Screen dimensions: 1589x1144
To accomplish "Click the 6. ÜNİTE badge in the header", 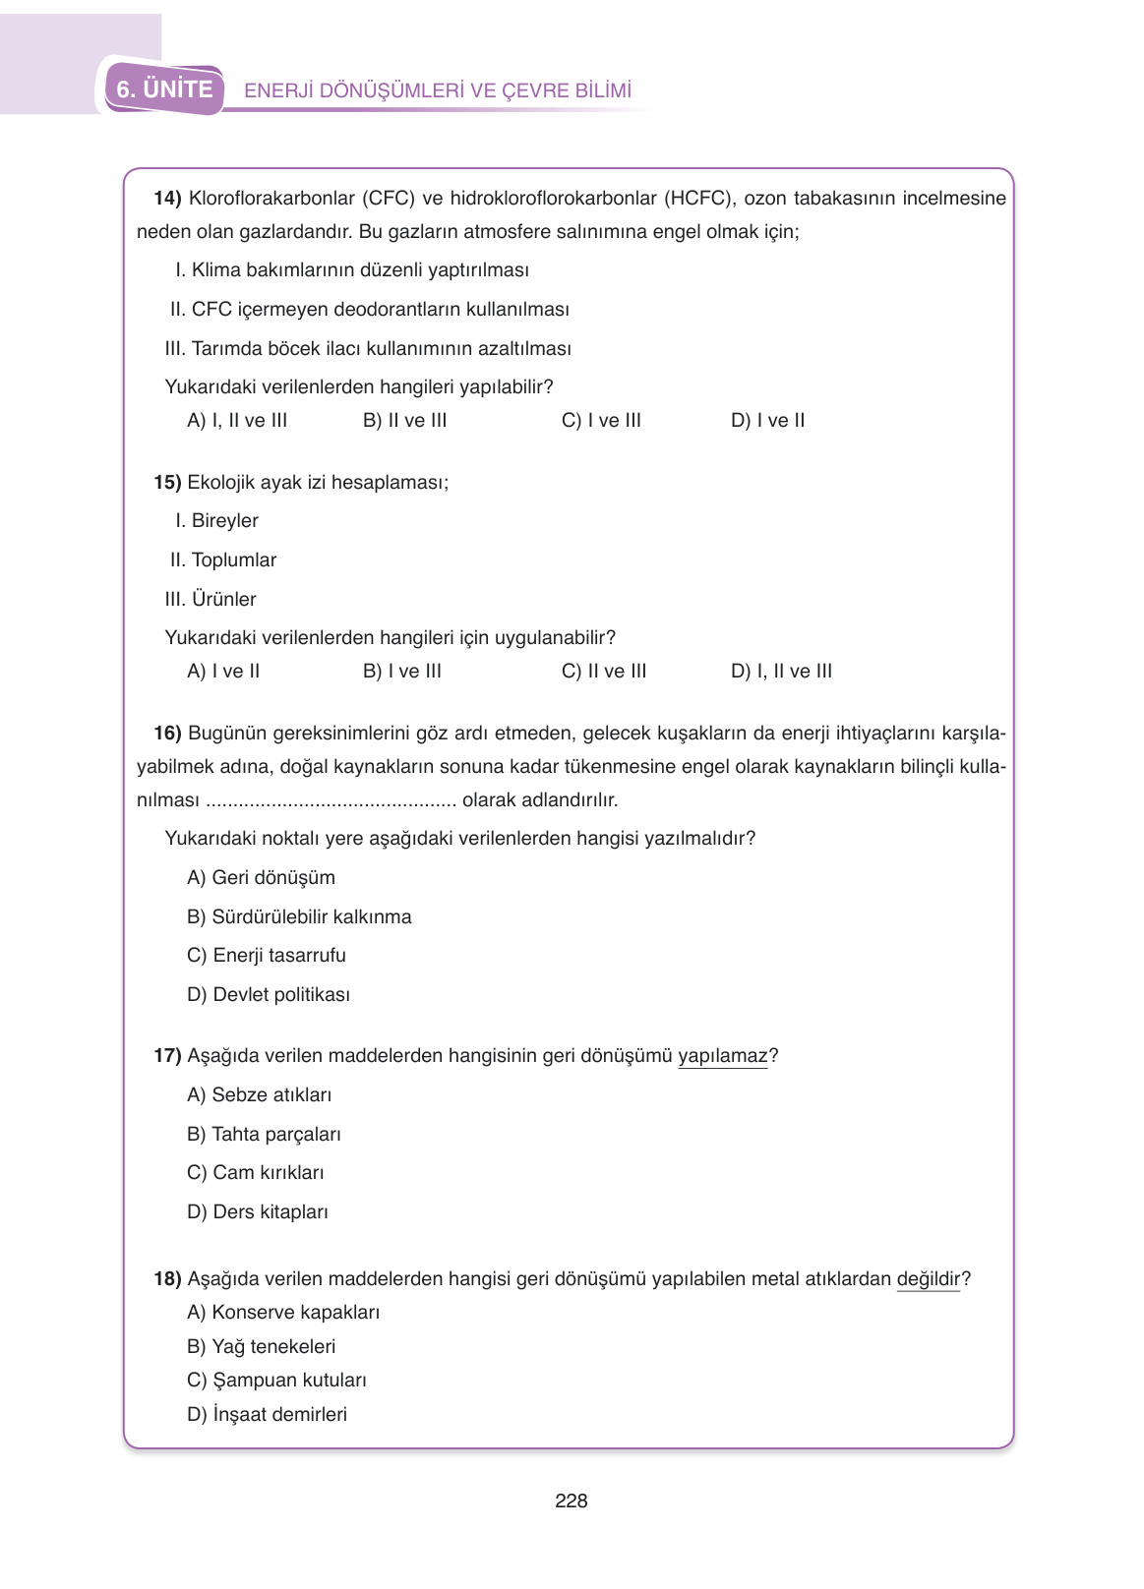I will tap(164, 89).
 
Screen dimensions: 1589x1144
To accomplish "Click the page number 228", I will tap(571, 1501).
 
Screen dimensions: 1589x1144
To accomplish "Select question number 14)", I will tap(167, 199).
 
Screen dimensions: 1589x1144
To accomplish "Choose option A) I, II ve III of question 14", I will tap(237, 421).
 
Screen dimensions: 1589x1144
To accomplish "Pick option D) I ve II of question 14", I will tap(767, 421).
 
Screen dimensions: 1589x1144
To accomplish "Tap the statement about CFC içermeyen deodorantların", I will tap(370, 310).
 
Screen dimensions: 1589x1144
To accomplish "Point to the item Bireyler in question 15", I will tap(224, 521).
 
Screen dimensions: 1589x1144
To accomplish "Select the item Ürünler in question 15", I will tap(223, 600).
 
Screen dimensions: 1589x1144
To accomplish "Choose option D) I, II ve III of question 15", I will tap(781, 672).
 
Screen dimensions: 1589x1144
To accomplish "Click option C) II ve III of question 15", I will tap(604, 672).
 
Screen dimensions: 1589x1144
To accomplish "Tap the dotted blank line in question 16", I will tap(331, 801).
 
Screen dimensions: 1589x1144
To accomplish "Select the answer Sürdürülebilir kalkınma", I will tap(299, 917).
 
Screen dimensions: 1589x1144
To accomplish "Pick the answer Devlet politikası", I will tap(269, 995).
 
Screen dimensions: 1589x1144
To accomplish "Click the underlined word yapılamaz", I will tap(722, 1056).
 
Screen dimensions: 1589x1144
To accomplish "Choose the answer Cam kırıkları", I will tap(256, 1173).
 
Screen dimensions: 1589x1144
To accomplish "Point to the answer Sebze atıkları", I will tap(259, 1095).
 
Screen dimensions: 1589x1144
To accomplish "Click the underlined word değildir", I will tap(928, 1279).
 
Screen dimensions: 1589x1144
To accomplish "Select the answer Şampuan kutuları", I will tap(276, 1381).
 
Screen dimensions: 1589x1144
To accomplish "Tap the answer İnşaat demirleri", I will tap(267, 1415).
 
